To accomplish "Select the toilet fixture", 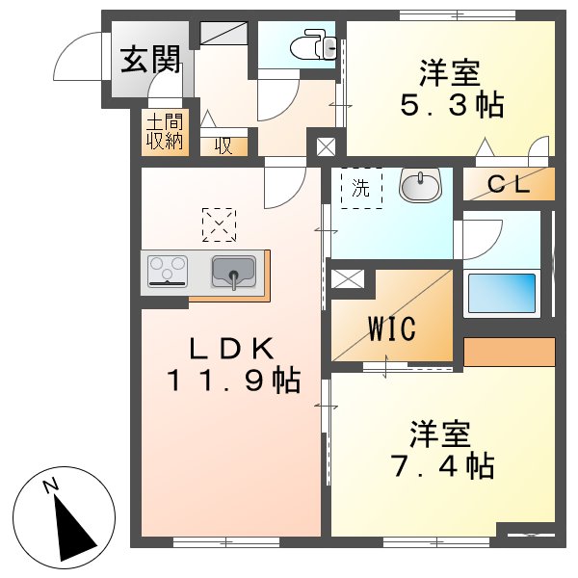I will pos(313,44).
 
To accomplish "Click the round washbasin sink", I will pos(419,185).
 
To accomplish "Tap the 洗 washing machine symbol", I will pos(361,189).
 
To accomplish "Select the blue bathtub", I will pos(501,294).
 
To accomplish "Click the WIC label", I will pos(391,328).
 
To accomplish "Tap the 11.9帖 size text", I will pos(231,381).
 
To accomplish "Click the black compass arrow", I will pos(75,528).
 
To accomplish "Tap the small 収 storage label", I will pos(223,146).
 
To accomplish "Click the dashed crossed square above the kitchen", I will pos(219,225).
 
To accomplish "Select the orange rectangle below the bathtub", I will pos(510,353).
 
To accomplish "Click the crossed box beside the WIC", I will pos(345,280).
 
